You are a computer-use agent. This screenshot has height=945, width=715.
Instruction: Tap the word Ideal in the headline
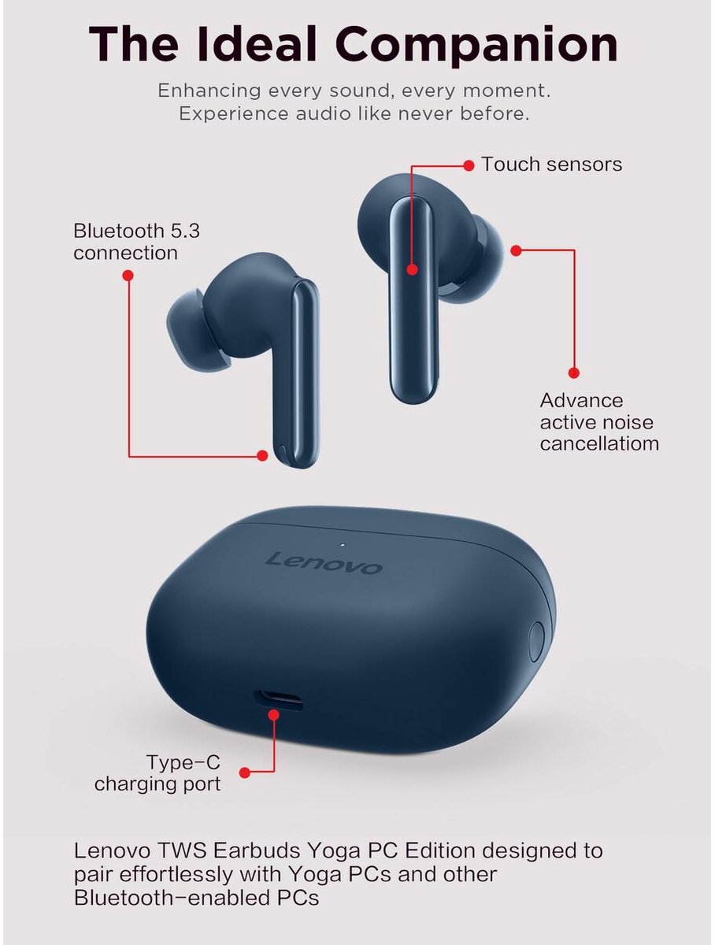tap(257, 43)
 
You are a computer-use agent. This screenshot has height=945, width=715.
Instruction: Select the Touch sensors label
tap(551, 165)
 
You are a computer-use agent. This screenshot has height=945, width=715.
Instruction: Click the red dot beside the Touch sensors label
tap(469, 165)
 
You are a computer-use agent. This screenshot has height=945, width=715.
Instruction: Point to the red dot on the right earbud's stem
tap(412, 269)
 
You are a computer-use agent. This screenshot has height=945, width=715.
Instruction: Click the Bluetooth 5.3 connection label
tap(136, 242)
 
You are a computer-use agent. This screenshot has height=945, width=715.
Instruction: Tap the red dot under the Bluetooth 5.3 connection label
tap(128, 275)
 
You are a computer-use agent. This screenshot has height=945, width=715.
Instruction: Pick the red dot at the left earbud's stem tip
tap(262, 455)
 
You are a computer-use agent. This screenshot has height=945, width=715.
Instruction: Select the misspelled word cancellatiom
tap(599, 444)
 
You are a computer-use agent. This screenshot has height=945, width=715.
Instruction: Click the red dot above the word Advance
tap(573, 372)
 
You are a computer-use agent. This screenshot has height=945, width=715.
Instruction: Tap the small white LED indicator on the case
tap(343, 545)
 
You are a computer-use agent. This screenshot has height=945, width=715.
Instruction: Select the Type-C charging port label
tap(157, 773)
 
